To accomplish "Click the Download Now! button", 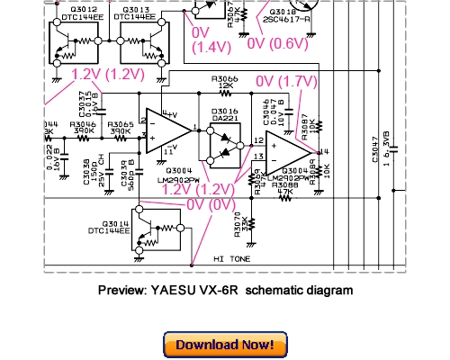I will (x=225, y=345).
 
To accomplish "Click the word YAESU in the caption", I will (x=168, y=290).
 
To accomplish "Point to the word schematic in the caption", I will (x=269, y=290).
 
